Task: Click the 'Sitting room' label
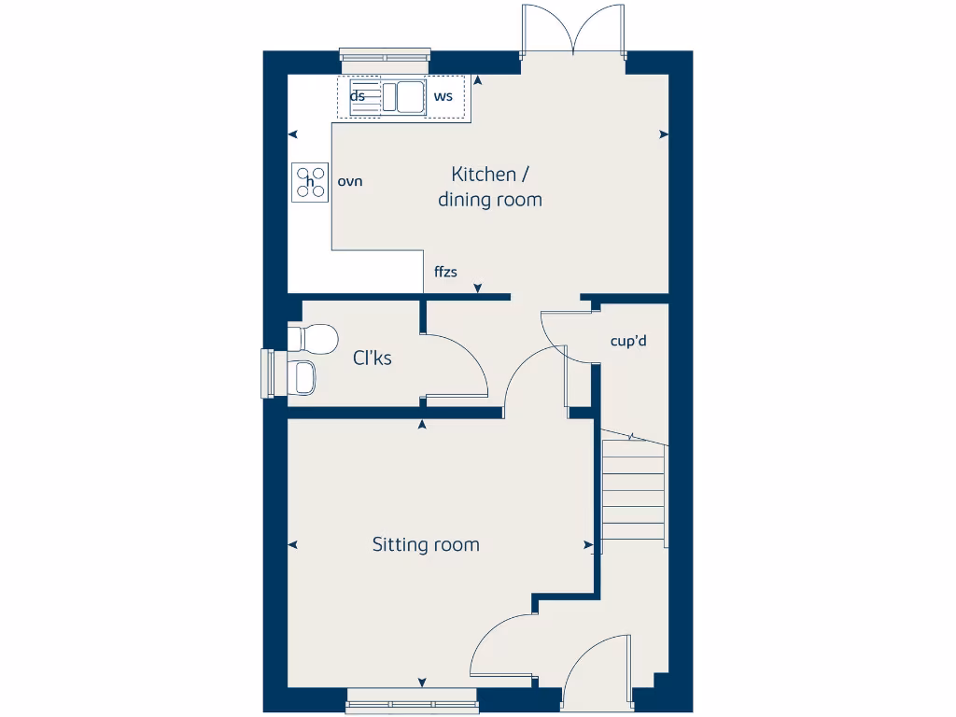[x=426, y=544]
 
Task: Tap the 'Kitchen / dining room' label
[x=489, y=187]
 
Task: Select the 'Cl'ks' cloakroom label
[x=372, y=358]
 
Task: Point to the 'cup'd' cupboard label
[x=628, y=341]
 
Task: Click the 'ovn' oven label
[x=350, y=181]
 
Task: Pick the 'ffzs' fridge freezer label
[x=446, y=273]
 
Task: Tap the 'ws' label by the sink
[x=443, y=96]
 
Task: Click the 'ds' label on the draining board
[x=358, y=96]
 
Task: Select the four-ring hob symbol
[x=310, y=182]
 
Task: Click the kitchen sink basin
[x=409, y=97]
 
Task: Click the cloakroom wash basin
[x=303, y=378]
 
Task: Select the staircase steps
[x=634, y=495]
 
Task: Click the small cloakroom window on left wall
[x=269, y=373]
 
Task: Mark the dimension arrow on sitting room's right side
[x=588, y=545]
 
